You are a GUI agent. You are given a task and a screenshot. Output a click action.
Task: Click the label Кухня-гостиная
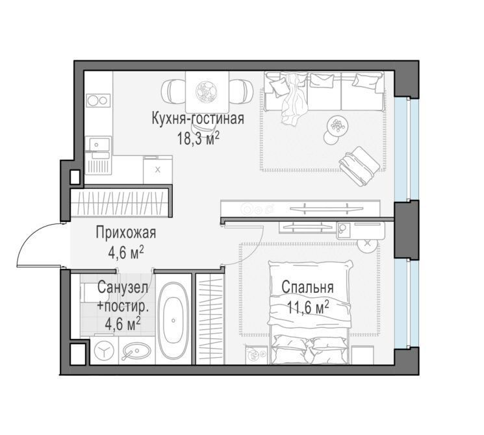pyautogui.click(x=198, y=118)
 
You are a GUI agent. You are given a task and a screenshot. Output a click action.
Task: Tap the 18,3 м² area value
pyautogui.click(x=198, y=138)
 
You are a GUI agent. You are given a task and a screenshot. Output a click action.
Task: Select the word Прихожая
pyautogui.click(x=126, y=233)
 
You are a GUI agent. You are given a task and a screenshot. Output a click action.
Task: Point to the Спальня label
pyautogui.click(x=307, y=287)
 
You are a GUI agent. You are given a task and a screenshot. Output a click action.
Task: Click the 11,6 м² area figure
pyautogui.click(x=308, y=307)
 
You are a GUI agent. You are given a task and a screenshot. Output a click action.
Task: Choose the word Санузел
pyautogui.click(x=123, y=288)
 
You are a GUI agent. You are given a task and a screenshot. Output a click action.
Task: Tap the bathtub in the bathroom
pyautogui.click(x=173, y=320)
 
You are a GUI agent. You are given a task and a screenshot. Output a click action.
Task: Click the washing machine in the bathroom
pyautogui.click(x=104, y=351)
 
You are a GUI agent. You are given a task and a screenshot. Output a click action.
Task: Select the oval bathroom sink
pyautogui.click(x=136, y=351)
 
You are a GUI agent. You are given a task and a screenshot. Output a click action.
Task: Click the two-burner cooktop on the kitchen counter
pyautogui.click(x=99, y=100)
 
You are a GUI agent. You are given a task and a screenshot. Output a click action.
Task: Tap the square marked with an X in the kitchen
pyautogui.click(x=158, y=169)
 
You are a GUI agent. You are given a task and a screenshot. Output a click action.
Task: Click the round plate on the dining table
pyautogui.click(x=206, y=91)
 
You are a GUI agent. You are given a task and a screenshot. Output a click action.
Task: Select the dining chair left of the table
pyautogui.click(x=173, y=92)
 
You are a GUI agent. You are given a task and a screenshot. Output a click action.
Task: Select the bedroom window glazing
pyautogui.click(x=406, y=304)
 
